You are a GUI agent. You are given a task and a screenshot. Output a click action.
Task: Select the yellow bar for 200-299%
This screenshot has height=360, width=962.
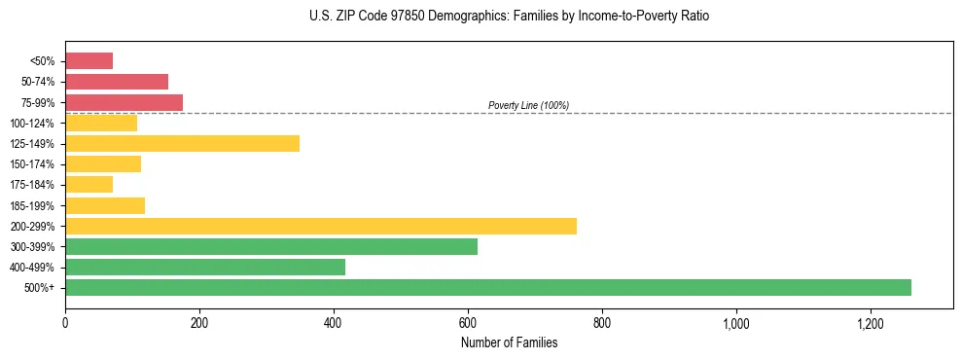point(321,226)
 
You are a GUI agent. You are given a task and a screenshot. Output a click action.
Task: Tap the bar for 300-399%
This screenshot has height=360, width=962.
point(271,246)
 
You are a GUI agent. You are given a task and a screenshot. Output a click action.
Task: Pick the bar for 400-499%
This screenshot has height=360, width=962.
point(205,267)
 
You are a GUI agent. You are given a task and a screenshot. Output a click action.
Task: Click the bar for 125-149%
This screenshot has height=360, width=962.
point(182,143)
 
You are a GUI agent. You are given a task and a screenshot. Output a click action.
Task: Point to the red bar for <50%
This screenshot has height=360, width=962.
point(89,61)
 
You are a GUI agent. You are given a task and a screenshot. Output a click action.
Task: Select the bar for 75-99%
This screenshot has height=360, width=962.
point(124,102)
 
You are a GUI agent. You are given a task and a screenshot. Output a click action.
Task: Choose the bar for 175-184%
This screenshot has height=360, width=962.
point(89,184)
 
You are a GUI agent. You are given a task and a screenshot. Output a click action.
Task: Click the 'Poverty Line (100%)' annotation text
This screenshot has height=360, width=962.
point(528,105)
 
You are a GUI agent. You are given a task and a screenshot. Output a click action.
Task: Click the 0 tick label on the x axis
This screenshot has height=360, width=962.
point(65,323)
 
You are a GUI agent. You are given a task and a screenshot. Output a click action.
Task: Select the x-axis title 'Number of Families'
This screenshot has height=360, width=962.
point(509,342)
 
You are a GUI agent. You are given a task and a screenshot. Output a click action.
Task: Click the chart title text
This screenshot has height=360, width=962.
point(510,17)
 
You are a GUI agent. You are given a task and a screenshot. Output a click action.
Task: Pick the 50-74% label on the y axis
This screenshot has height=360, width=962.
point(38,82)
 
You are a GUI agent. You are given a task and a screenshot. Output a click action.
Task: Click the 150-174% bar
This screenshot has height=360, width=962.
point(103,163)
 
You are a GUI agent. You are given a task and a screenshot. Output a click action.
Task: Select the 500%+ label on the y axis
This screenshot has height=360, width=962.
point(41,287)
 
